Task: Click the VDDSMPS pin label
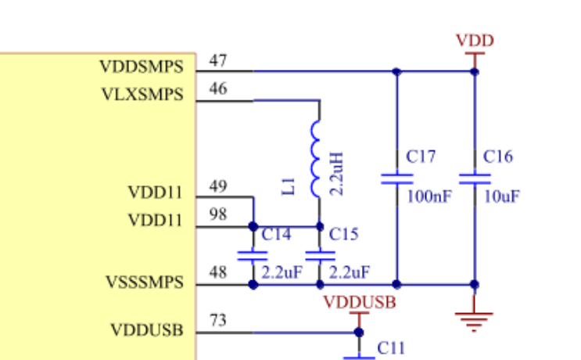142,67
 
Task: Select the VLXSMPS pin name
142,95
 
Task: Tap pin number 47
218,60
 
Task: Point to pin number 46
218,88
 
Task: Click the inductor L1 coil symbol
315,158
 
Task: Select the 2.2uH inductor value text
336,174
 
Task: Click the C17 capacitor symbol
396,179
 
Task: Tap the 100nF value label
429,196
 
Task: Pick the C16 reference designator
498,157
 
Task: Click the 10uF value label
502,196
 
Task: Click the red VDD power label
475,41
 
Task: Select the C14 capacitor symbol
253,256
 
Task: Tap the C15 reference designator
343,234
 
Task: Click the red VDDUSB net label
360,303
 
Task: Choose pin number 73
218,320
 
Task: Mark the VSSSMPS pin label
145,283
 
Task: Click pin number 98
218,214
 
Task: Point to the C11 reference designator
391,348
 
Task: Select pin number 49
218,186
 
